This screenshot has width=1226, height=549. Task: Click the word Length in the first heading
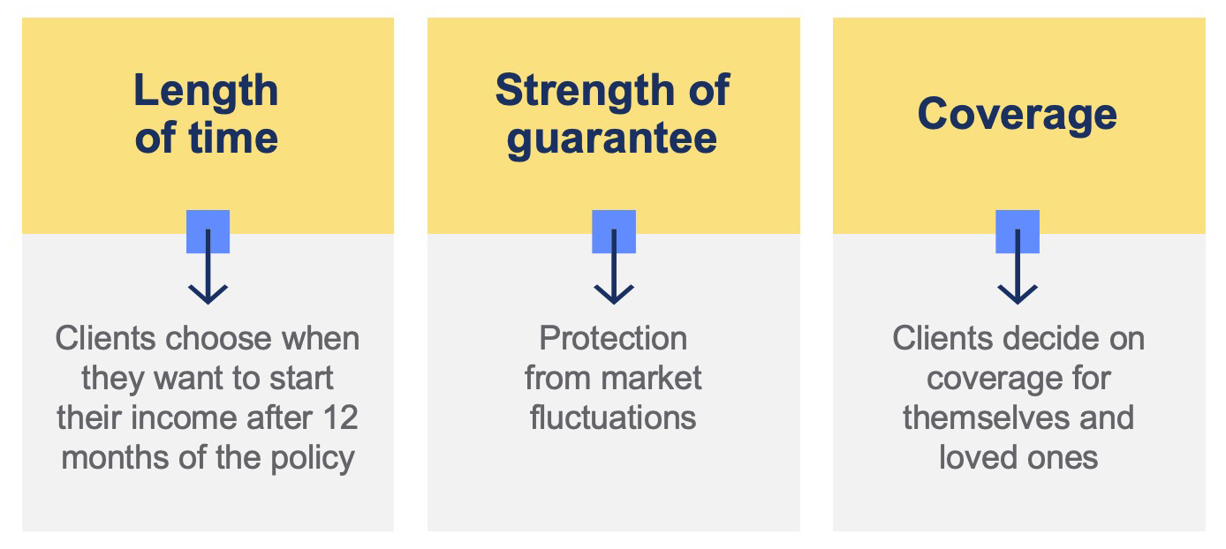[x=207, y=92]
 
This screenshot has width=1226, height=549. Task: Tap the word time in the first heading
[x=234, y=138]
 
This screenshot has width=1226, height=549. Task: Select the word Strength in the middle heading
[x=585, y=91]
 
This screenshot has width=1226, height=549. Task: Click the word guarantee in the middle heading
[x=612, y=140]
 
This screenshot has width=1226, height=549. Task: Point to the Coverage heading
[x=1018, y=115]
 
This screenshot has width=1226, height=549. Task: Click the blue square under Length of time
[x=208, y=231]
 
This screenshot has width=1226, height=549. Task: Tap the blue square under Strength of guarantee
[x=614, y=231]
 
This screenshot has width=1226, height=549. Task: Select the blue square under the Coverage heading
[x=1018, y=231]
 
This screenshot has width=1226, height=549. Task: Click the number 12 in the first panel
[x=340, y=417]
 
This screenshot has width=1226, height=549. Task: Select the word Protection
[x=613, y=338]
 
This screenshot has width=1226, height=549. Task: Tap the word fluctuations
[x=613, y=417]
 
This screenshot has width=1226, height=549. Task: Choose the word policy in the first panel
[x=313, y=458]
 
